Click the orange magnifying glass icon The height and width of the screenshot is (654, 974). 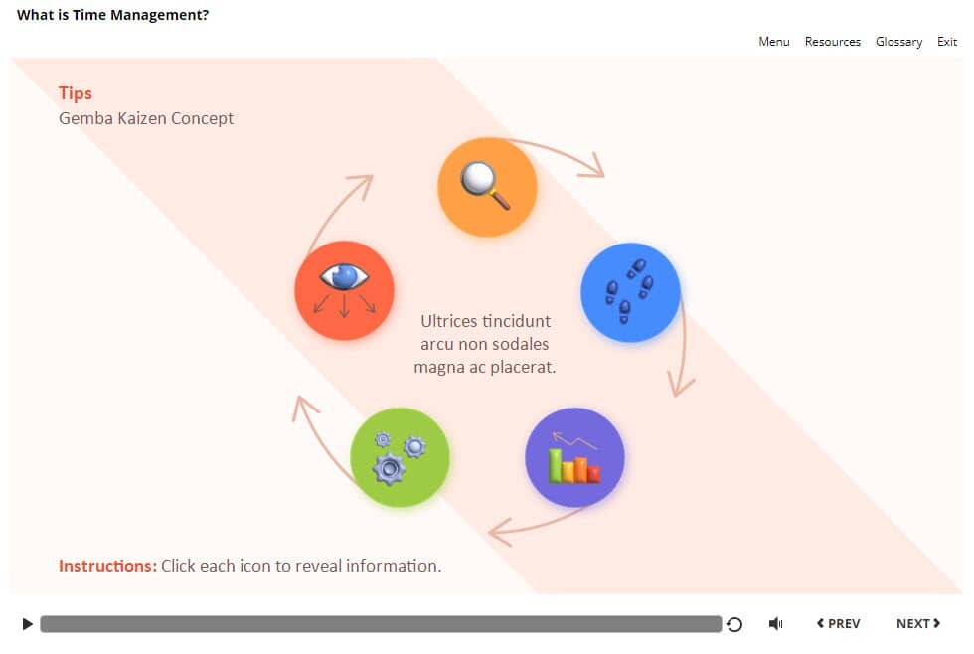487,187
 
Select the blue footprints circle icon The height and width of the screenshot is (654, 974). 630,292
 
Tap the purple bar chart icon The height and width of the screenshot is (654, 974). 574,457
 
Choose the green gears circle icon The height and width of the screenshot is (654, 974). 400,457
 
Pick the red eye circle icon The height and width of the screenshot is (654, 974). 344,290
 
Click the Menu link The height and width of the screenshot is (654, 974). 773,42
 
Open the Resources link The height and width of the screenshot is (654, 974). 832,42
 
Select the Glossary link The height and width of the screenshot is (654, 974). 898,42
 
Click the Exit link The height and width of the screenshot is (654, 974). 947,42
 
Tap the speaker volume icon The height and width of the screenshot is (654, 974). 775,624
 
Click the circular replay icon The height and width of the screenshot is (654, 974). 734,624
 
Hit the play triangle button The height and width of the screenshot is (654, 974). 27,624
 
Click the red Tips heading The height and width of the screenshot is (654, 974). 76,93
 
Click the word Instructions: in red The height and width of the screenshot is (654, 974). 107,566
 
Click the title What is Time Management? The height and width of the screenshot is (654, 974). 112,15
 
